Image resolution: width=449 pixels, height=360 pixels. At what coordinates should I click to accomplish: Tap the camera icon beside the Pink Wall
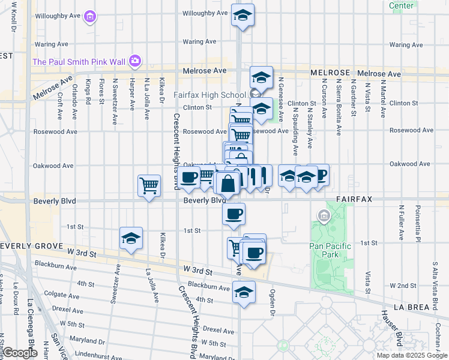coord(135,61)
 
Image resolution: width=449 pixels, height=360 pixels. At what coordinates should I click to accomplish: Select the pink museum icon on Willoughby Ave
coord(90,16)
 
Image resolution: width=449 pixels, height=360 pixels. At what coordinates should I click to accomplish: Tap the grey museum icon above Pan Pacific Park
coord(324,215)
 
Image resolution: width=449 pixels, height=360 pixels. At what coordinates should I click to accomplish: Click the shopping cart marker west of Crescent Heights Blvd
coord(149,185)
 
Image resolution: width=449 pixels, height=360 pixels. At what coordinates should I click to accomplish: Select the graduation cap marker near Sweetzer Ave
coord(130,239)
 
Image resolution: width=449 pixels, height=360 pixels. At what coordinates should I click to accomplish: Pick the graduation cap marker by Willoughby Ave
coord(243,15)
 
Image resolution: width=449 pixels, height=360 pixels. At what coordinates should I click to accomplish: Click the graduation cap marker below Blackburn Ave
coord(243,293)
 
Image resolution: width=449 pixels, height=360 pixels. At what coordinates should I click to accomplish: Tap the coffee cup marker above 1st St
coord(234,213)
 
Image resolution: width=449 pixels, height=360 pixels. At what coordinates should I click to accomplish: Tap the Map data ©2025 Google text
coord(411,355)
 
